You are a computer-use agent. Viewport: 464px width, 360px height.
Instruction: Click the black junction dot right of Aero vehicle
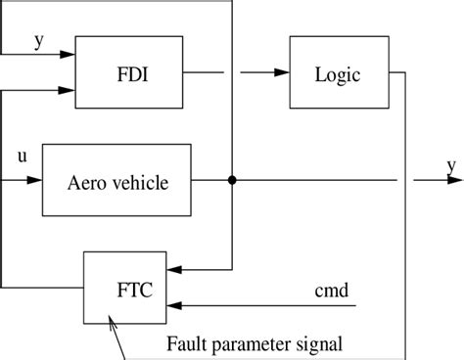231,180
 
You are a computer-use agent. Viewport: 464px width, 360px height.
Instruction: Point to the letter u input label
22,157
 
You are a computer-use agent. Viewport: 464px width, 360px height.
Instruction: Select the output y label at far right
452,166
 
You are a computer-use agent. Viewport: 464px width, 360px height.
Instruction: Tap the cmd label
329,291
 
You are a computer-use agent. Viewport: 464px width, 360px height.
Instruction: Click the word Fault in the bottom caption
185,343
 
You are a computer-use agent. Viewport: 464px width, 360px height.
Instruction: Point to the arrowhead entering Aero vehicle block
35,180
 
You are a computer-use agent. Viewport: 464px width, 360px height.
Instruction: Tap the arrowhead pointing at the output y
441,180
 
